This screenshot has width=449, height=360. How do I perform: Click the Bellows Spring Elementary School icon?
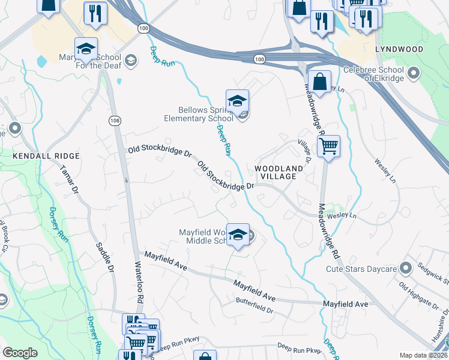tap(238, 101)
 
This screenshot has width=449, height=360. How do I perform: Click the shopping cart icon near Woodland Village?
tap(328, 146)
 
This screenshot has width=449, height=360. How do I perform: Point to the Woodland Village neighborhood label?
tap(276, 172)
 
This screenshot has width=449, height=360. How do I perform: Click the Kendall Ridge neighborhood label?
tap(38, 155)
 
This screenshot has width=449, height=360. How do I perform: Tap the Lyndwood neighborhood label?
tap(399, 49)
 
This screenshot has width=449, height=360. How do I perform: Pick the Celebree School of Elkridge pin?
tap(413, 74)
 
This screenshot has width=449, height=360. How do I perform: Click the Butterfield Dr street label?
tap(255, 306)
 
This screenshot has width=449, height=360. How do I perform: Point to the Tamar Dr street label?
tap(70, 179)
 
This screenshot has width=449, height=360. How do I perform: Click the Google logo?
tap(20, 353)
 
